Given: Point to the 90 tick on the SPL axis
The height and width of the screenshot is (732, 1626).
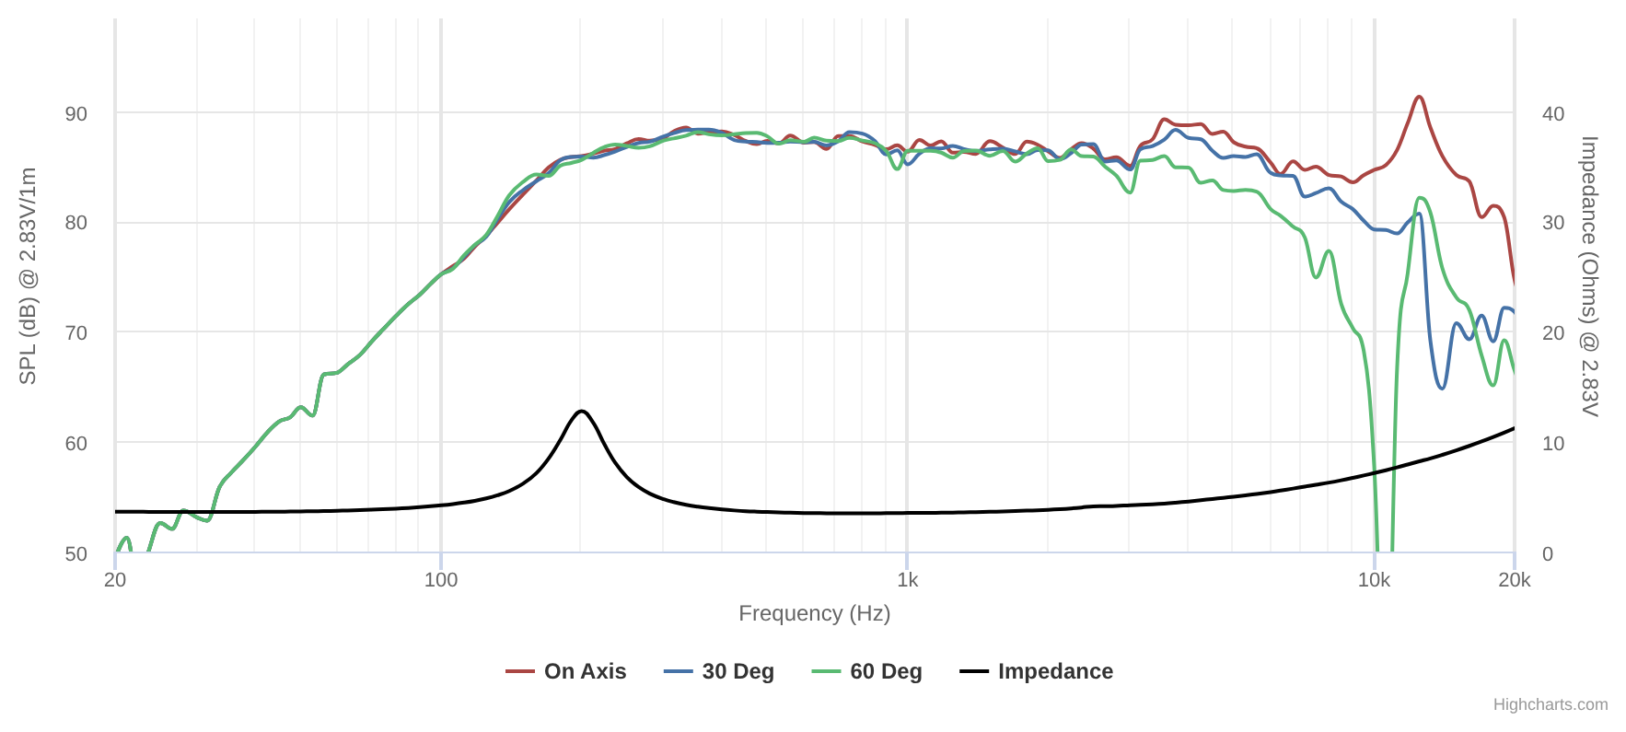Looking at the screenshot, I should pyautogui.click(x=76, y=113).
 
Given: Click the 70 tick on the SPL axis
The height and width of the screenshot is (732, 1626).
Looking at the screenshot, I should pyautogui.click(x=76, y=332).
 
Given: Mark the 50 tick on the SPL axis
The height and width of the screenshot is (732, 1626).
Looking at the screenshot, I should pyautogui.click(x=76, y=553).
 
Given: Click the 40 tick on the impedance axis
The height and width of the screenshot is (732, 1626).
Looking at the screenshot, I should pyautogui.click(x=1553, y=113).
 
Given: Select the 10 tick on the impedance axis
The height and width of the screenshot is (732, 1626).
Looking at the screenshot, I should pyautogui.click(x=1553, y=443).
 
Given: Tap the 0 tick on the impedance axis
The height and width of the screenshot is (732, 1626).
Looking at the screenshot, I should pyautogui.click(x=1548, y=553).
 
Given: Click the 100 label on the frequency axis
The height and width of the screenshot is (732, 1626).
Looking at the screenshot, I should pyautogui.click(x=441, y=580).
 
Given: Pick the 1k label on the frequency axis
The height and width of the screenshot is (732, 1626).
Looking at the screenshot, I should pyautogui.click(x=908, y=580).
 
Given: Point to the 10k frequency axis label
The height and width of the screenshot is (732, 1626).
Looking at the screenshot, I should pyautogui.click(x=1374, y=580).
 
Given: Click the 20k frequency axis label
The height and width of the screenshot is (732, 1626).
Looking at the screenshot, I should pyautogui.click(x=1515, y=580).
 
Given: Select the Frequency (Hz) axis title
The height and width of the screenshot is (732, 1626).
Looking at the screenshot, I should pyautogui.click(x=814, y=613).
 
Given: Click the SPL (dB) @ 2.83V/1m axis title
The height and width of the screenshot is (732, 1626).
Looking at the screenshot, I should pyautogui.click(x=28, y=276).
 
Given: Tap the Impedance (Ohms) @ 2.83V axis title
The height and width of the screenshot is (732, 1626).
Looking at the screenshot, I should pyautogui.click(x=1590, y=276).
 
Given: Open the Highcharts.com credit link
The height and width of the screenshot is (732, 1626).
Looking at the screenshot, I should pyautogui.click(x=1551, y=704).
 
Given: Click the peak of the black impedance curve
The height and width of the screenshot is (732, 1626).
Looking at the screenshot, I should pyautogui.click(x=581, y=411).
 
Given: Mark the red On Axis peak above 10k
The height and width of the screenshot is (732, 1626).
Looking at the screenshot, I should pyautogui.click(x=1419, y=97).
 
